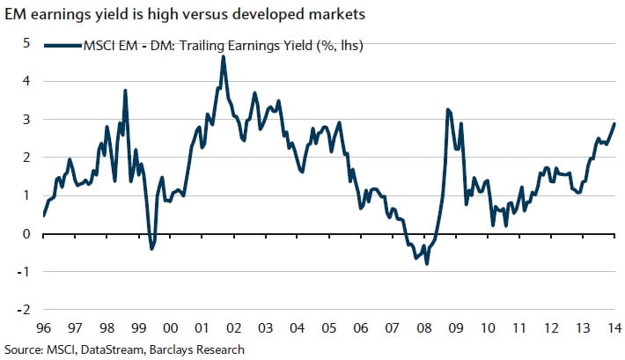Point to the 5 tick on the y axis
pyautogui.click(x=26, y=42)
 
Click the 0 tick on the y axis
pyautogui.click(x=26, y=233)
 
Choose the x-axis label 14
pyautogui.click(x=614, y=328)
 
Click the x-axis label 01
pyautogui.click(x=202, y=328)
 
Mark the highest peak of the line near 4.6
pyautogui.click(x=224, y=56)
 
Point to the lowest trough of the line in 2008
pyautogui.click(x=427, y=263)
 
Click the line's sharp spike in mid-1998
pyautogui.click(x=126, y=91)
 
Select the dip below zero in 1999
pyautogui.click(x=151, y=249)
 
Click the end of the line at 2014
pyautogui.click(x=614, y=123)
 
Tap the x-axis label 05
pyautogui.click(x=328, y=328)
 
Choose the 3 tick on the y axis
pyautogui.click(x=26, y=119)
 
